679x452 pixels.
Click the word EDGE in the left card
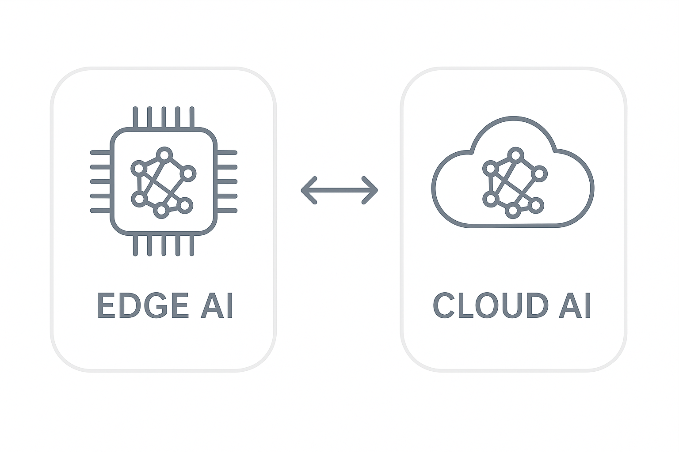click(142, 305)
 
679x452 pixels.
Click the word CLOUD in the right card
click(491, 305)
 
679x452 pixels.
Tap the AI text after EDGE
click(217, 305)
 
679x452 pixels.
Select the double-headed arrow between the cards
click(339, 190)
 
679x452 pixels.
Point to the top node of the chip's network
click(164, 154)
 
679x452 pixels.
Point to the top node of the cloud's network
click(515, 154)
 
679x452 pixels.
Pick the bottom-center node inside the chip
click(161, 211)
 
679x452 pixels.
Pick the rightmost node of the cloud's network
click(540, 173)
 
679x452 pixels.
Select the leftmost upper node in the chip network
click(139, 168)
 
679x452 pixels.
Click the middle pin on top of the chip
click(164, 117)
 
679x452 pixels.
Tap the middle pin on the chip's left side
click(100, 181)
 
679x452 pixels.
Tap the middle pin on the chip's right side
click(227, 181)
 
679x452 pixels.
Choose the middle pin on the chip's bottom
click(164, 245)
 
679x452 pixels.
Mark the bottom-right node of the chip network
click(185, 205)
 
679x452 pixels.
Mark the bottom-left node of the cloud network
click(490, 200)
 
